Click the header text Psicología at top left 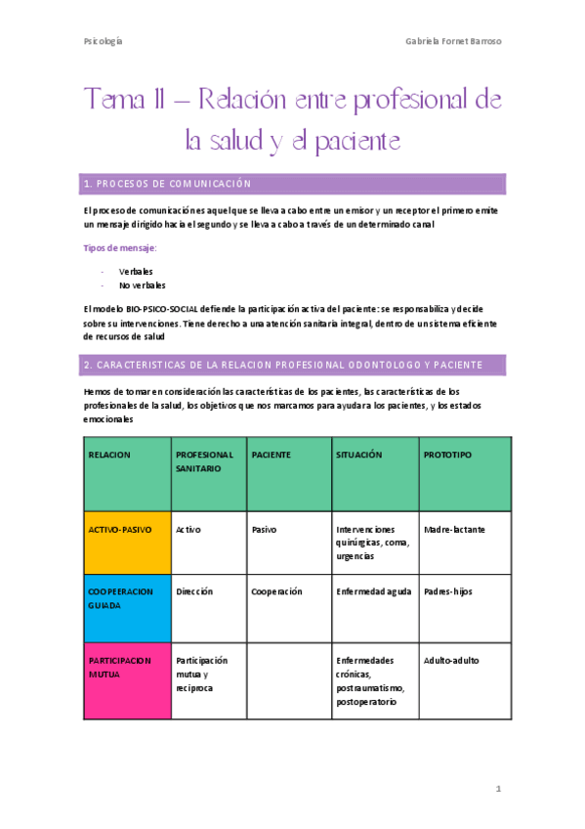pyautogui.click(x=103, y=42)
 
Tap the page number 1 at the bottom pyautogui.click(x=497, y=788)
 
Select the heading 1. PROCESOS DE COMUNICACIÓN pyautogui.click(x=167, y=184)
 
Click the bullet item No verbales pyautogui.click(x=142, y=285)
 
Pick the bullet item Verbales pyautogui.click(x=136, y=271)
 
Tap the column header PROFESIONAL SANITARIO pyautogui.click(x=204, y=461)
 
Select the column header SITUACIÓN pyautogui.click(x=358, y=455)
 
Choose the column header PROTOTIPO pyautogui.click(x=447, y=455)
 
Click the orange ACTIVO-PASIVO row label pyautogui.click(x=120, y=529)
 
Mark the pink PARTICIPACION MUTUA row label pyautogui.click(x=120, y=667)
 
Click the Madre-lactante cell pyautogui.click(x=454, y=529)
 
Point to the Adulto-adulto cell pyautogui.click(x=451, y=660)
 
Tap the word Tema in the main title pyautogui.click(x=114, y=101)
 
